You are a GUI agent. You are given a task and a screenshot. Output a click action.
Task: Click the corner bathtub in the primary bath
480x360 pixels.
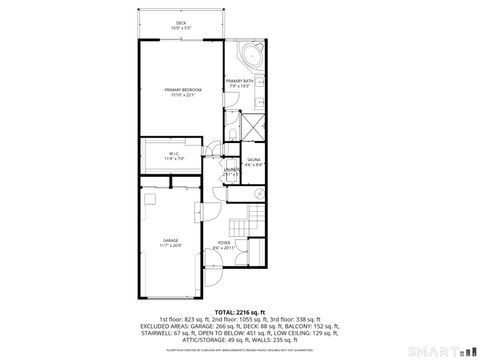tap(250, 54)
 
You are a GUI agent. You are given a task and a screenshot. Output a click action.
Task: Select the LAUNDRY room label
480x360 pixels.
tap(232, 170)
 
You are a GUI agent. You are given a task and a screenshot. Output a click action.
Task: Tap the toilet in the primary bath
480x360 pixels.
tap(231, 136)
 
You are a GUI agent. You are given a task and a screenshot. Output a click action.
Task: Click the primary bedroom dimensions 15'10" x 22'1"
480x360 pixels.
tap(181, 96)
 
